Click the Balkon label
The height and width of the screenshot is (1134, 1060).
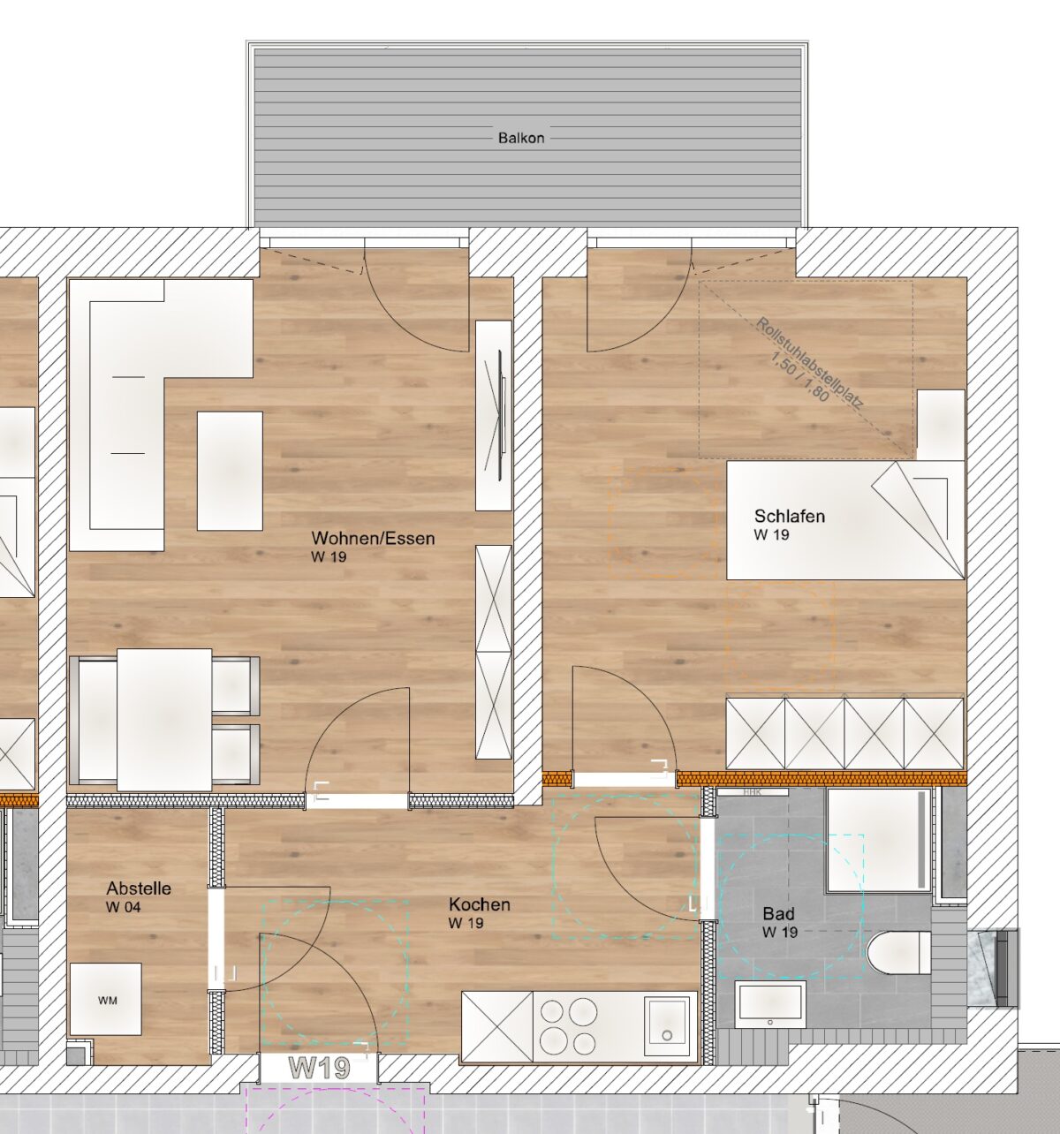coord(521,138)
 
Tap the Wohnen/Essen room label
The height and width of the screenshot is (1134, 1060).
coord(373,538)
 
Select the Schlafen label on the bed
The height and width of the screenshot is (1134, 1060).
coord(790,516)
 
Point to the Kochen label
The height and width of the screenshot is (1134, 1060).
coord(479,903)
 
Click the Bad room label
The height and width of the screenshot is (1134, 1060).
coord(778,913)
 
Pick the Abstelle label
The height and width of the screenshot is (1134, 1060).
coord(139,888)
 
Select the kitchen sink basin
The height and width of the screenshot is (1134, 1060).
coord(666,1025)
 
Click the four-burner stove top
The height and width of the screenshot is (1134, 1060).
coord(568,1026)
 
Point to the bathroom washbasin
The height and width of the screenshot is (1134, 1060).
coord(770,1005)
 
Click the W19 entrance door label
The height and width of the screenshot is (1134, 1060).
coord(319,1069)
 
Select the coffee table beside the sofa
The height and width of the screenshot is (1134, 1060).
coord(230,471)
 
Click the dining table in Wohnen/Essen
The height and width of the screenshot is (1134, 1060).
coord(164,720)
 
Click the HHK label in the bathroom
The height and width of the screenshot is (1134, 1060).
coord(752,792)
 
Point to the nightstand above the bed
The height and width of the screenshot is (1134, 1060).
coord(941,424)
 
